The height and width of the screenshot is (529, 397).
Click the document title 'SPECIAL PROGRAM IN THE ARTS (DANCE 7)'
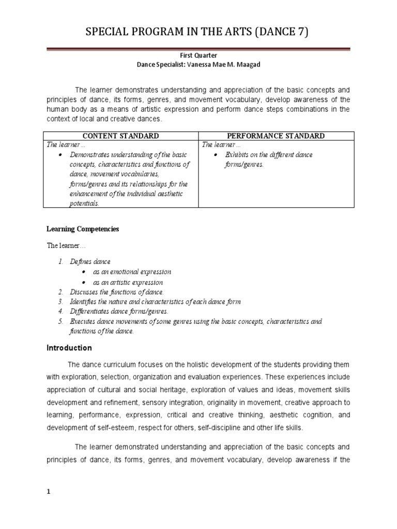pyautogui.click(x=198, y=34)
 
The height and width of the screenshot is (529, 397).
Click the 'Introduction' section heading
pyautogui.click(x=70, y=348)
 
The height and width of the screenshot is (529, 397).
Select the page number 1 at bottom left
pyautogui.click(x=49, y=492)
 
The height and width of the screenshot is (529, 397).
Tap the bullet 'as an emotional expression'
pyautogui.click(x=132, y=272)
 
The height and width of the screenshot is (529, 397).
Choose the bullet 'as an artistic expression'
pyautogui.click(x=128, y=282)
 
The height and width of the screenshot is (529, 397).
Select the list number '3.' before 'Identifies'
pyautogui.click(x=60, y=302)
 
